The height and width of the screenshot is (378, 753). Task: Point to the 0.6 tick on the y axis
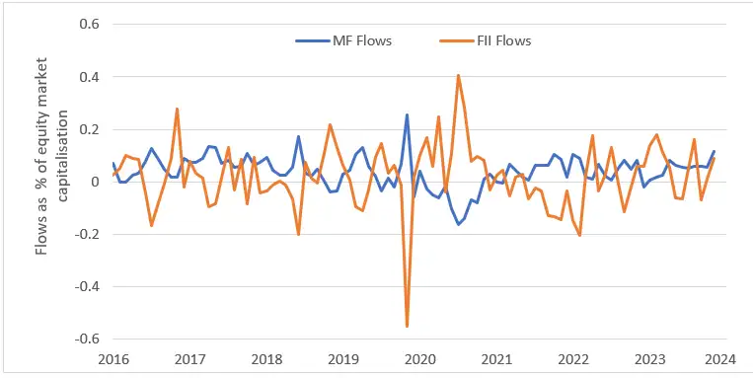pyautogui.click(x=90, y=24)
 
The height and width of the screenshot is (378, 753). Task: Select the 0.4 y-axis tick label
pyautogui.click(x=90, y=76)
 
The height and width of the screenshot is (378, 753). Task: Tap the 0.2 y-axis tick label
pyautogui.click(x=90, y=129)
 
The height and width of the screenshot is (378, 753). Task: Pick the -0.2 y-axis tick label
pyautogui.click(x=88, y=234)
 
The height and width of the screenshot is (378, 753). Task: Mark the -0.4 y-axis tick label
pyautogui.click(x=88, y=287)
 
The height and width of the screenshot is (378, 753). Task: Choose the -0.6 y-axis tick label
pyautogui.click(x=88, y=340)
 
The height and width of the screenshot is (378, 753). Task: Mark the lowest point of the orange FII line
pyautogui.click(x=407, y=326)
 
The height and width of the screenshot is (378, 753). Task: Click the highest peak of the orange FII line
pyautogui.click(x=458, y=75)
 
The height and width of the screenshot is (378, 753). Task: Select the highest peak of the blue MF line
pyautogui.click(x=407, y=114)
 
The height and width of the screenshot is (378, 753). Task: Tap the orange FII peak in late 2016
pyautogui.click(x=177, y=109)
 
